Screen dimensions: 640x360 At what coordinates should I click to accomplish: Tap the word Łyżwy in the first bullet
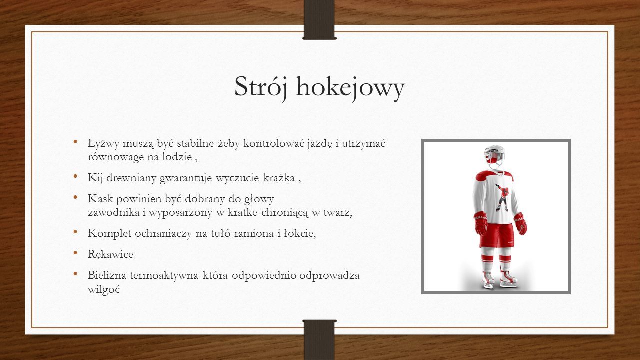103,143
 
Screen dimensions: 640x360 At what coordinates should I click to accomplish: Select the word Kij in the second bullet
95,178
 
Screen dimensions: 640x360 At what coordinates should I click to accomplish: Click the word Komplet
109,234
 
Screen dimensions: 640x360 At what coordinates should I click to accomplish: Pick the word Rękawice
110,254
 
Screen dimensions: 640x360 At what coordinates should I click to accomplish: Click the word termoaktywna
164,275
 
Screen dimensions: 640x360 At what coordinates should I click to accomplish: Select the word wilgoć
104,289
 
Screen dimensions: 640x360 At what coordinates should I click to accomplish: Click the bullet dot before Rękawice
75,253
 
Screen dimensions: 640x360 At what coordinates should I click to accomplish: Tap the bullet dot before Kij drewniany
75,176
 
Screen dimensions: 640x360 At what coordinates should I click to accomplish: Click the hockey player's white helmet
494,154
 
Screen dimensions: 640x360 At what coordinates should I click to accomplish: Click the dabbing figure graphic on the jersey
502,197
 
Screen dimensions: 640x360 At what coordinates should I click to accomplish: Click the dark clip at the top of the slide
319,19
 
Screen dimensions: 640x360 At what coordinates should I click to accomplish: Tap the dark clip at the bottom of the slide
319,339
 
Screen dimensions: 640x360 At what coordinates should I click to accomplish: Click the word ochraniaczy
163,234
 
